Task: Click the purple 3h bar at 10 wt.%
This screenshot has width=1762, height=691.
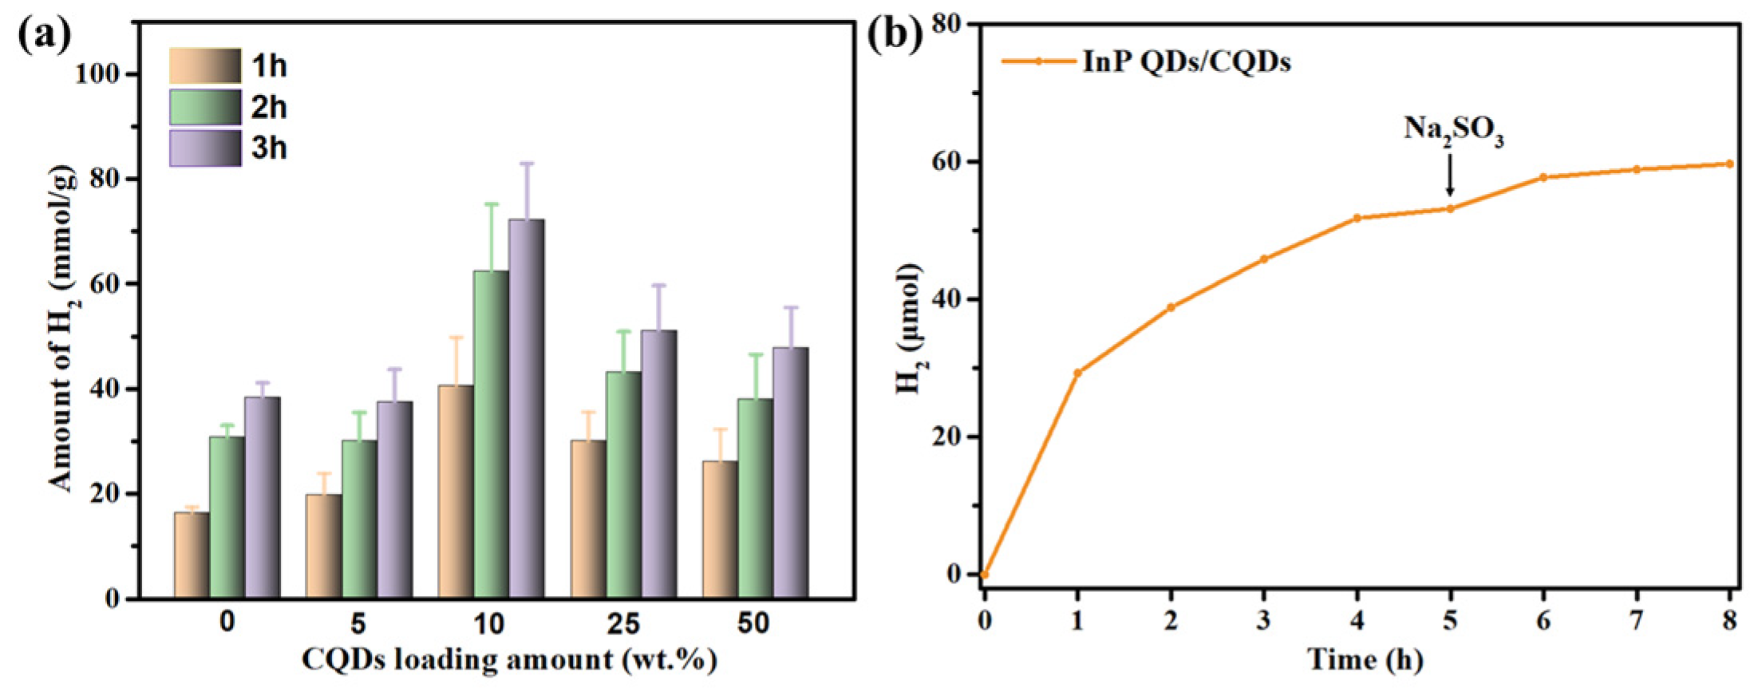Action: coord(527,409)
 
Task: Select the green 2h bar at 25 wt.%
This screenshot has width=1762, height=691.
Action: coord(623,484)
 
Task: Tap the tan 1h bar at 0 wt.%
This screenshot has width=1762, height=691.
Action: coord(192,555)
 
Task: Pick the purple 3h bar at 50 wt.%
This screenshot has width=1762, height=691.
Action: coord(790,472)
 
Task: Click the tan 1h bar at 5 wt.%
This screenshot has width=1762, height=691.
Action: coord(323,546)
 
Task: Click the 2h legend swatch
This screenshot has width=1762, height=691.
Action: coord(205,107)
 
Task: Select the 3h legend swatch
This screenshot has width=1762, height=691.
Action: coord(205,148)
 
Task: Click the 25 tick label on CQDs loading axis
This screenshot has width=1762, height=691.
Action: coord(622,624)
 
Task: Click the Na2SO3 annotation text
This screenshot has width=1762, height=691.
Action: coord(1453,130)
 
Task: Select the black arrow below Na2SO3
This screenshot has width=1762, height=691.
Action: coord(1450,175)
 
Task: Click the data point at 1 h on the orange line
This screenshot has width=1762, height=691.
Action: coord(1077,373)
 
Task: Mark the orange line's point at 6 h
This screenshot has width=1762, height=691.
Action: coord(1543,177)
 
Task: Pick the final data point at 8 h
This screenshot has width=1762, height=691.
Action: coord(1729,164)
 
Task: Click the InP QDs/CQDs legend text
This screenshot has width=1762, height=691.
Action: coord(1186,61)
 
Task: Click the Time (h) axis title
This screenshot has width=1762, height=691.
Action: coord(1365,660)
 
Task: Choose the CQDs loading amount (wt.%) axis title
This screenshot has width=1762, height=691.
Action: coord(509,660)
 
